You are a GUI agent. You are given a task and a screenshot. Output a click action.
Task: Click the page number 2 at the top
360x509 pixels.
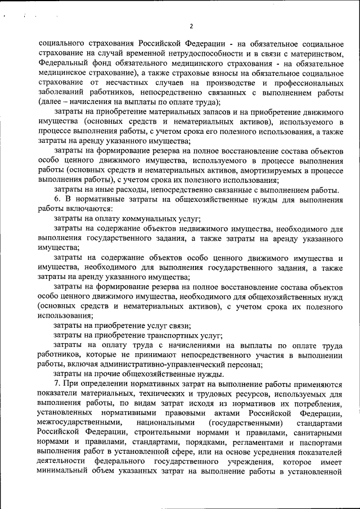191,26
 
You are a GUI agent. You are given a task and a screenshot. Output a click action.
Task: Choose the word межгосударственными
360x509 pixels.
79,422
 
